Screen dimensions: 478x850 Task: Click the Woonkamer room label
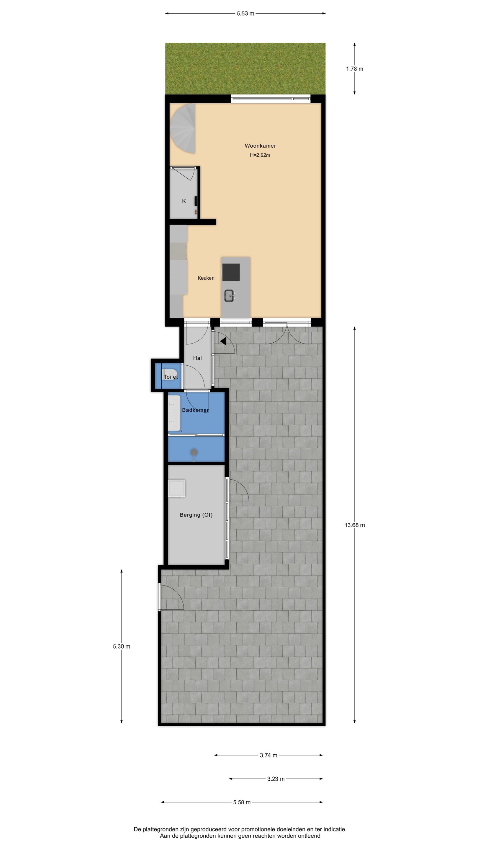point(260,146)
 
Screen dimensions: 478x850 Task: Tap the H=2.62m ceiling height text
point(260,155)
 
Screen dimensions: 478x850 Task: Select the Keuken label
point(206,278)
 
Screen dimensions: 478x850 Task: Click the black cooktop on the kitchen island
point(231,272)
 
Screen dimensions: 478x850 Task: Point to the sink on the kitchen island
point(229,295)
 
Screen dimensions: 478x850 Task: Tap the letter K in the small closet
point(184,201)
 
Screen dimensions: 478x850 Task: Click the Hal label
point(197,358)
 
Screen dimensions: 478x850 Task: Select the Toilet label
point(171,377)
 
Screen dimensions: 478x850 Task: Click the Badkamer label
point(195,410)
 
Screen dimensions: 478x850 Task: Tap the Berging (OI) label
point(196,515)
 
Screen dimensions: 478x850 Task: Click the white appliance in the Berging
point(176,488)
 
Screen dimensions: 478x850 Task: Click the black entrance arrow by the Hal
point(223,341)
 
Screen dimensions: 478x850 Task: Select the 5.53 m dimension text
point(245,14)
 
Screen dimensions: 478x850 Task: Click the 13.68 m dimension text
point(355,525)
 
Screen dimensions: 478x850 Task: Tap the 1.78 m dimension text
point(354,69)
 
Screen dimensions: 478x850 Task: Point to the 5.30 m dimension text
point(121,646)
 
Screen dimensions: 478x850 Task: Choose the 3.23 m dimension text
point(276,779)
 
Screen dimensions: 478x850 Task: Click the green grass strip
point(245,69)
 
